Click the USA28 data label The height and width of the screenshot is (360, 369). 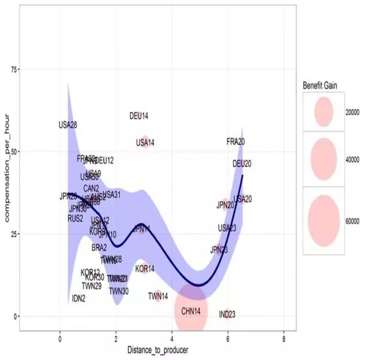click(x=68, y=125)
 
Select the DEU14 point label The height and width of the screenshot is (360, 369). click(x=139, y=116)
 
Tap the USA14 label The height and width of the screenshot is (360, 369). click(x=145, y=142)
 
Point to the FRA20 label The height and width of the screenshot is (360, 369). click(x=236, y=141)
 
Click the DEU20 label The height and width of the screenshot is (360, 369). click(x=242, y=164)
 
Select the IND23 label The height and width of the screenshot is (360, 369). click(x=227, y=314)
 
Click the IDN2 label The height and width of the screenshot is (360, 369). click(x=79, y=298)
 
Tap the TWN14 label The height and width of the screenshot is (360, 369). click(x=158, y=296)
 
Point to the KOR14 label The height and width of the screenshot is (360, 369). click(x=145, y=269)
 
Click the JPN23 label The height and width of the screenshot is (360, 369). click(x=219, y=250)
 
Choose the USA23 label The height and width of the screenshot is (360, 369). click(x=227, y=228)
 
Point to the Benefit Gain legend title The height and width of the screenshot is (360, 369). click(x=320, y=85)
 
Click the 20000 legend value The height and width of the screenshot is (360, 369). click(x=352, y=112)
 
